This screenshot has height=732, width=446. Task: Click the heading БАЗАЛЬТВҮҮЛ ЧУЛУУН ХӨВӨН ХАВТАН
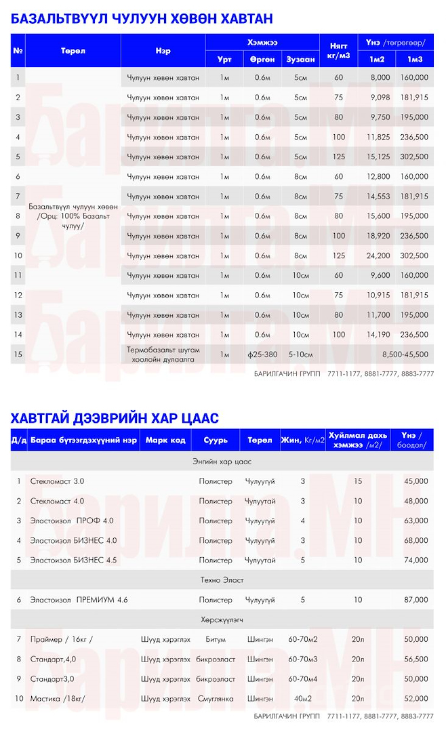pos(142,18)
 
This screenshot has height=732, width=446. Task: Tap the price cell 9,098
pos(378,98)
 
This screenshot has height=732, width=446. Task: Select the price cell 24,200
pos(378,256)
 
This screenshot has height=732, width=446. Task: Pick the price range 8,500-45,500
pos(405,354)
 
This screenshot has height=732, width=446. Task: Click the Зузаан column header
pos(300,60)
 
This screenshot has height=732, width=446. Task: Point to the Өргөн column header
pos(262,60)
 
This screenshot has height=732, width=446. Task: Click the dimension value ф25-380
pos(262,354)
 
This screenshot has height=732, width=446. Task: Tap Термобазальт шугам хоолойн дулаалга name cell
pos(163,354)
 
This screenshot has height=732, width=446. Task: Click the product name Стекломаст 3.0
pos(57,481)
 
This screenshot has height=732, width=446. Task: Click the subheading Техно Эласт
pos(222,580)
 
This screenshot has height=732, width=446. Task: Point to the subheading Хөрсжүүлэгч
pos(222,619)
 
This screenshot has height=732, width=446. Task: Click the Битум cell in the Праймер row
pos(216,639)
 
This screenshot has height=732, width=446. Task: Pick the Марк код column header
pos(165,440)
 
